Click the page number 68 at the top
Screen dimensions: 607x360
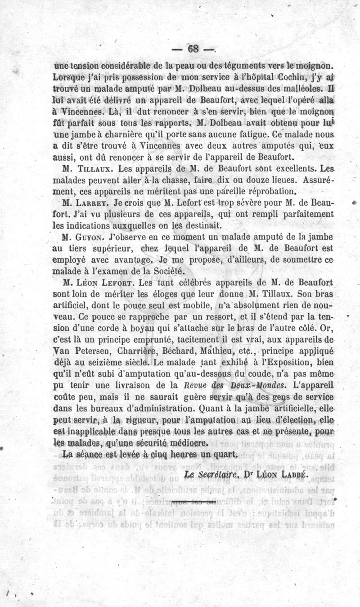click(x=194, y=49)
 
